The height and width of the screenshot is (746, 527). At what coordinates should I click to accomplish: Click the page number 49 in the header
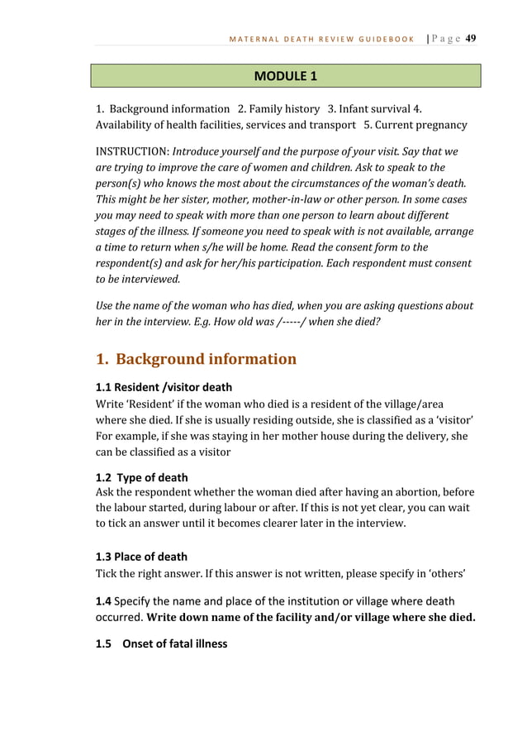[x=471, y=38]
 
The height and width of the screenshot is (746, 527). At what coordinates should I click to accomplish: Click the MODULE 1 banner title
[x=286, y=77]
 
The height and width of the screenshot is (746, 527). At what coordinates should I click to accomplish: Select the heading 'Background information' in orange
[x=206, y=359]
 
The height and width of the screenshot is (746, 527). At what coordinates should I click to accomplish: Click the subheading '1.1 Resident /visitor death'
[x=164, y=387]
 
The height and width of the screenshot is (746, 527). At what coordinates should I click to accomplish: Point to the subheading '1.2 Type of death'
[x=142, y=477]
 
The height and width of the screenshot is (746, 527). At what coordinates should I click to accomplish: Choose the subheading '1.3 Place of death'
[x=142, y=557]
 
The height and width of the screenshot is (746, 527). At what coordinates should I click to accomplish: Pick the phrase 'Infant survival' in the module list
[x=377, y=109]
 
